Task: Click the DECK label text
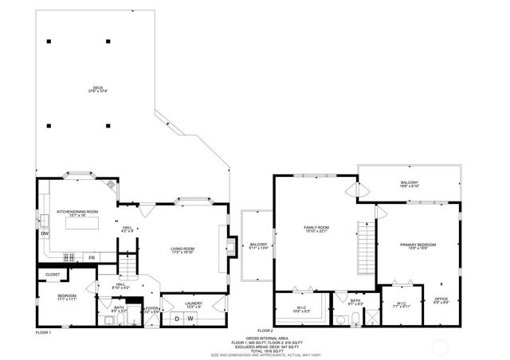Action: [97, 89]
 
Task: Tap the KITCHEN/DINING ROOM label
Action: [77, 213]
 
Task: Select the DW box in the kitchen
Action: [44, 233]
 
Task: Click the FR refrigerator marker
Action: [92, 258]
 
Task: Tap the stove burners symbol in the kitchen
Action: [69, 257]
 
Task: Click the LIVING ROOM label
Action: [182, 250]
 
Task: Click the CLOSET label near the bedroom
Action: [53, 275]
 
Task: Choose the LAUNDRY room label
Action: [194, 304]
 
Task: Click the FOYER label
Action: [151, 309]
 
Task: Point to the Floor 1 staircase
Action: [125, 264]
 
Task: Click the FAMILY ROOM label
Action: [316, 229]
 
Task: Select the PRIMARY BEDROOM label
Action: [418, 245]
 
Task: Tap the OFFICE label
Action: [441, 300]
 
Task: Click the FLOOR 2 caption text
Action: [265, 331]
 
